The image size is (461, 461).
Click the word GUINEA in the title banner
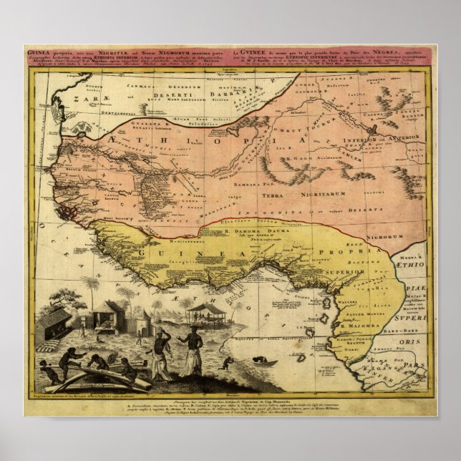pos(37,53)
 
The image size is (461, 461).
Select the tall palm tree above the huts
pos(92,285)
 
